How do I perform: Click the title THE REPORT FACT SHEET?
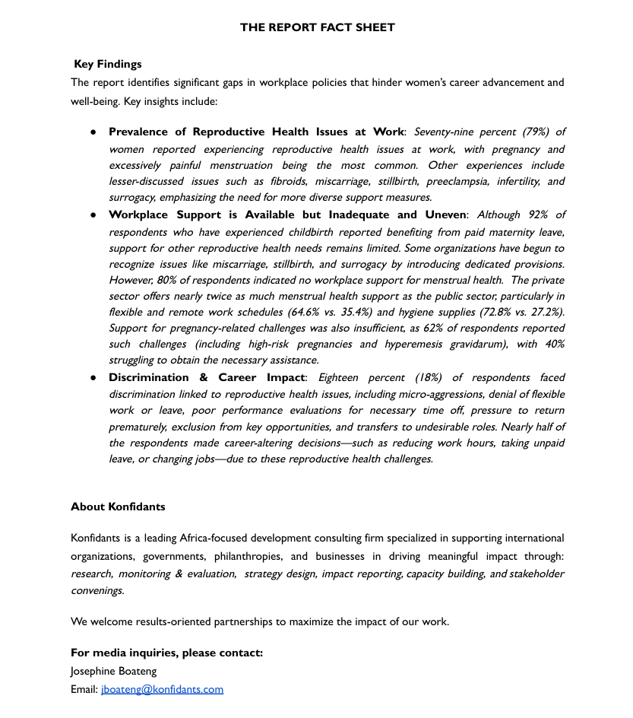pos(317,27)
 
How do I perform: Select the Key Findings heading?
pos(108,64)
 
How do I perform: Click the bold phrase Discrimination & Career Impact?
pos(206,377)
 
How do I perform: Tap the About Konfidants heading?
pos(118,507)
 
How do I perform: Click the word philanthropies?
pos(247,556)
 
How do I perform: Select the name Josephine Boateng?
pos(114,671)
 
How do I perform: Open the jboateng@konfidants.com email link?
pos(162,689)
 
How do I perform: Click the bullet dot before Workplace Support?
pos(93,214)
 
